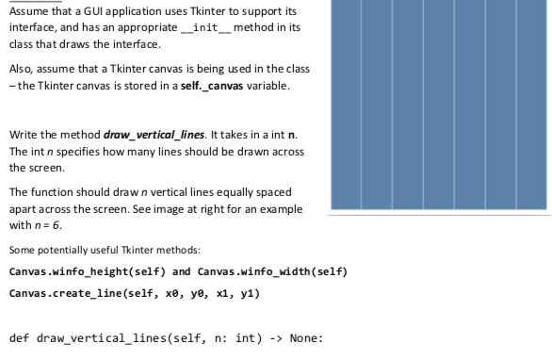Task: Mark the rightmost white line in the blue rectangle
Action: pyautogui.click(x=516, y=104)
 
